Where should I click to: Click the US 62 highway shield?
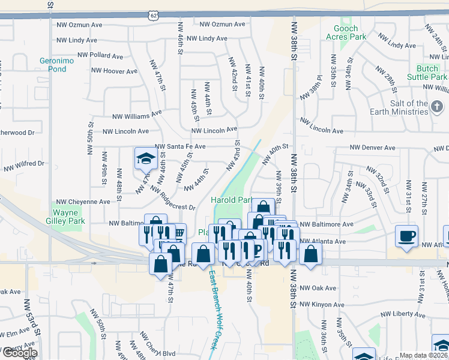click(x=154, y=13)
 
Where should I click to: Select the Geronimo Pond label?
click(x=53, y=64)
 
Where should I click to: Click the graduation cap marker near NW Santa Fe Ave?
click(x=145, y=159)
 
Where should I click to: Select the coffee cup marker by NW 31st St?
click(x=406, y=236)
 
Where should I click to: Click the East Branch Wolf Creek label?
click(x=212, y=310)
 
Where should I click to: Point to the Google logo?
click(x=19, y=353)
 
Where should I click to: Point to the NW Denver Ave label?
click(x=373, y=148)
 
